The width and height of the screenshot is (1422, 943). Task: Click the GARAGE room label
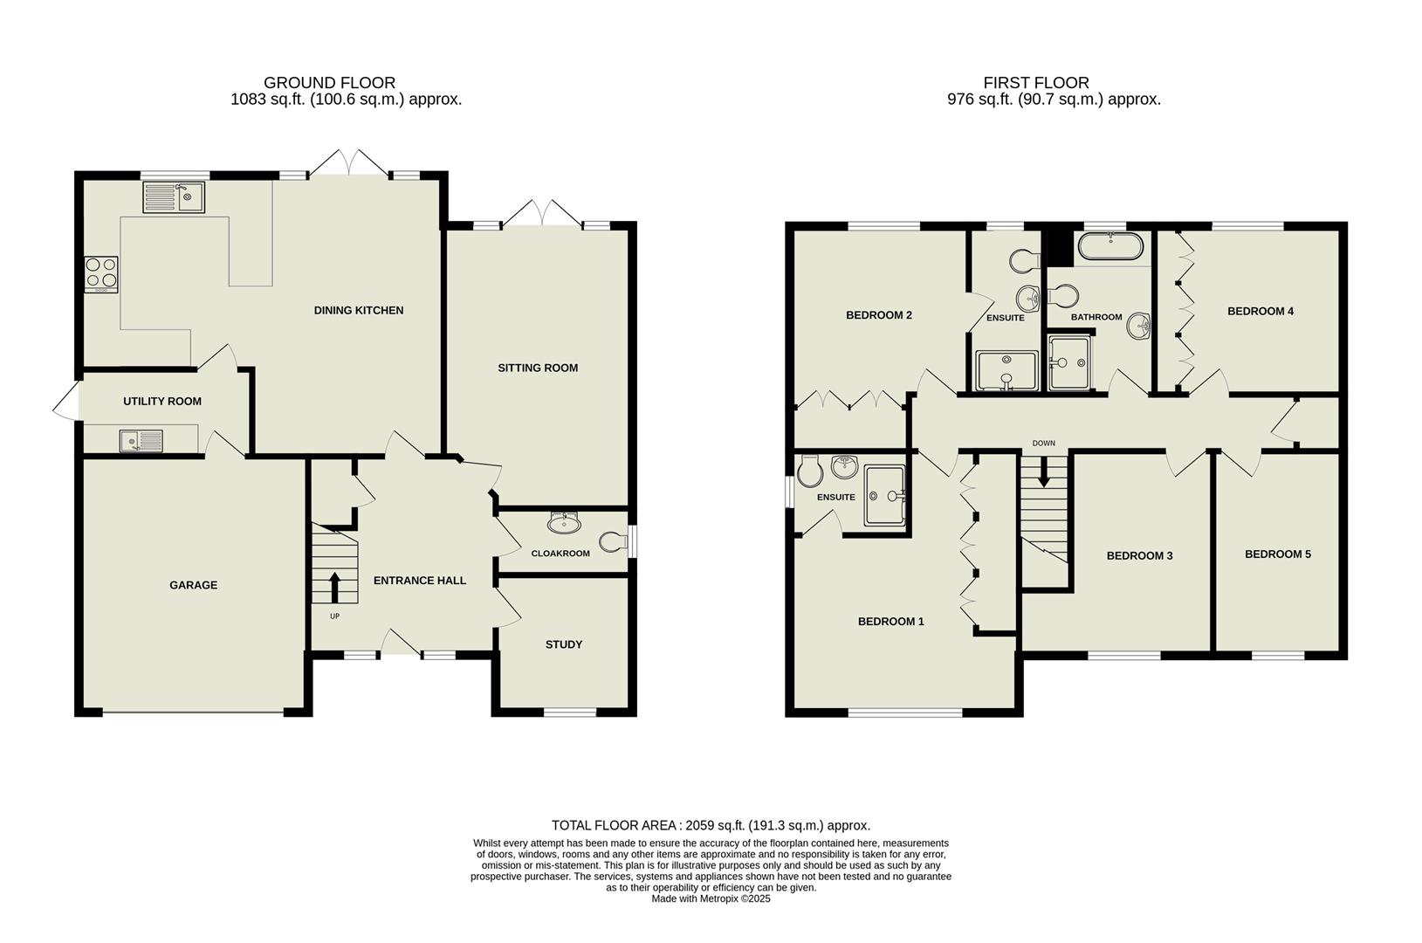193,585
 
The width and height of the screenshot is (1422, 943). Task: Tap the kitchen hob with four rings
100,273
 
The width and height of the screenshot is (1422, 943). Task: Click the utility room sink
141,441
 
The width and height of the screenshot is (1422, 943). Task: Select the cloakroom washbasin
564,523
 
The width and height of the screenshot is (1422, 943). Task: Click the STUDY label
564,644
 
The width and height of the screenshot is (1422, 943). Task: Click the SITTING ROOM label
538,368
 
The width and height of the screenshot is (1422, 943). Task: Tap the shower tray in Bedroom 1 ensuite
884,495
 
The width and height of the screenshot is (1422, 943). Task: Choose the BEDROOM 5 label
1277,554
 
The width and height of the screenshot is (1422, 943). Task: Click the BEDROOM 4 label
1260,311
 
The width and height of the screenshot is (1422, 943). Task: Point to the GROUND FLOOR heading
329,83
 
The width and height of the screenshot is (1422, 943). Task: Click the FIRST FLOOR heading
1036,83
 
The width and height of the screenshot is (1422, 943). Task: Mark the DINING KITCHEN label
359,310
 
